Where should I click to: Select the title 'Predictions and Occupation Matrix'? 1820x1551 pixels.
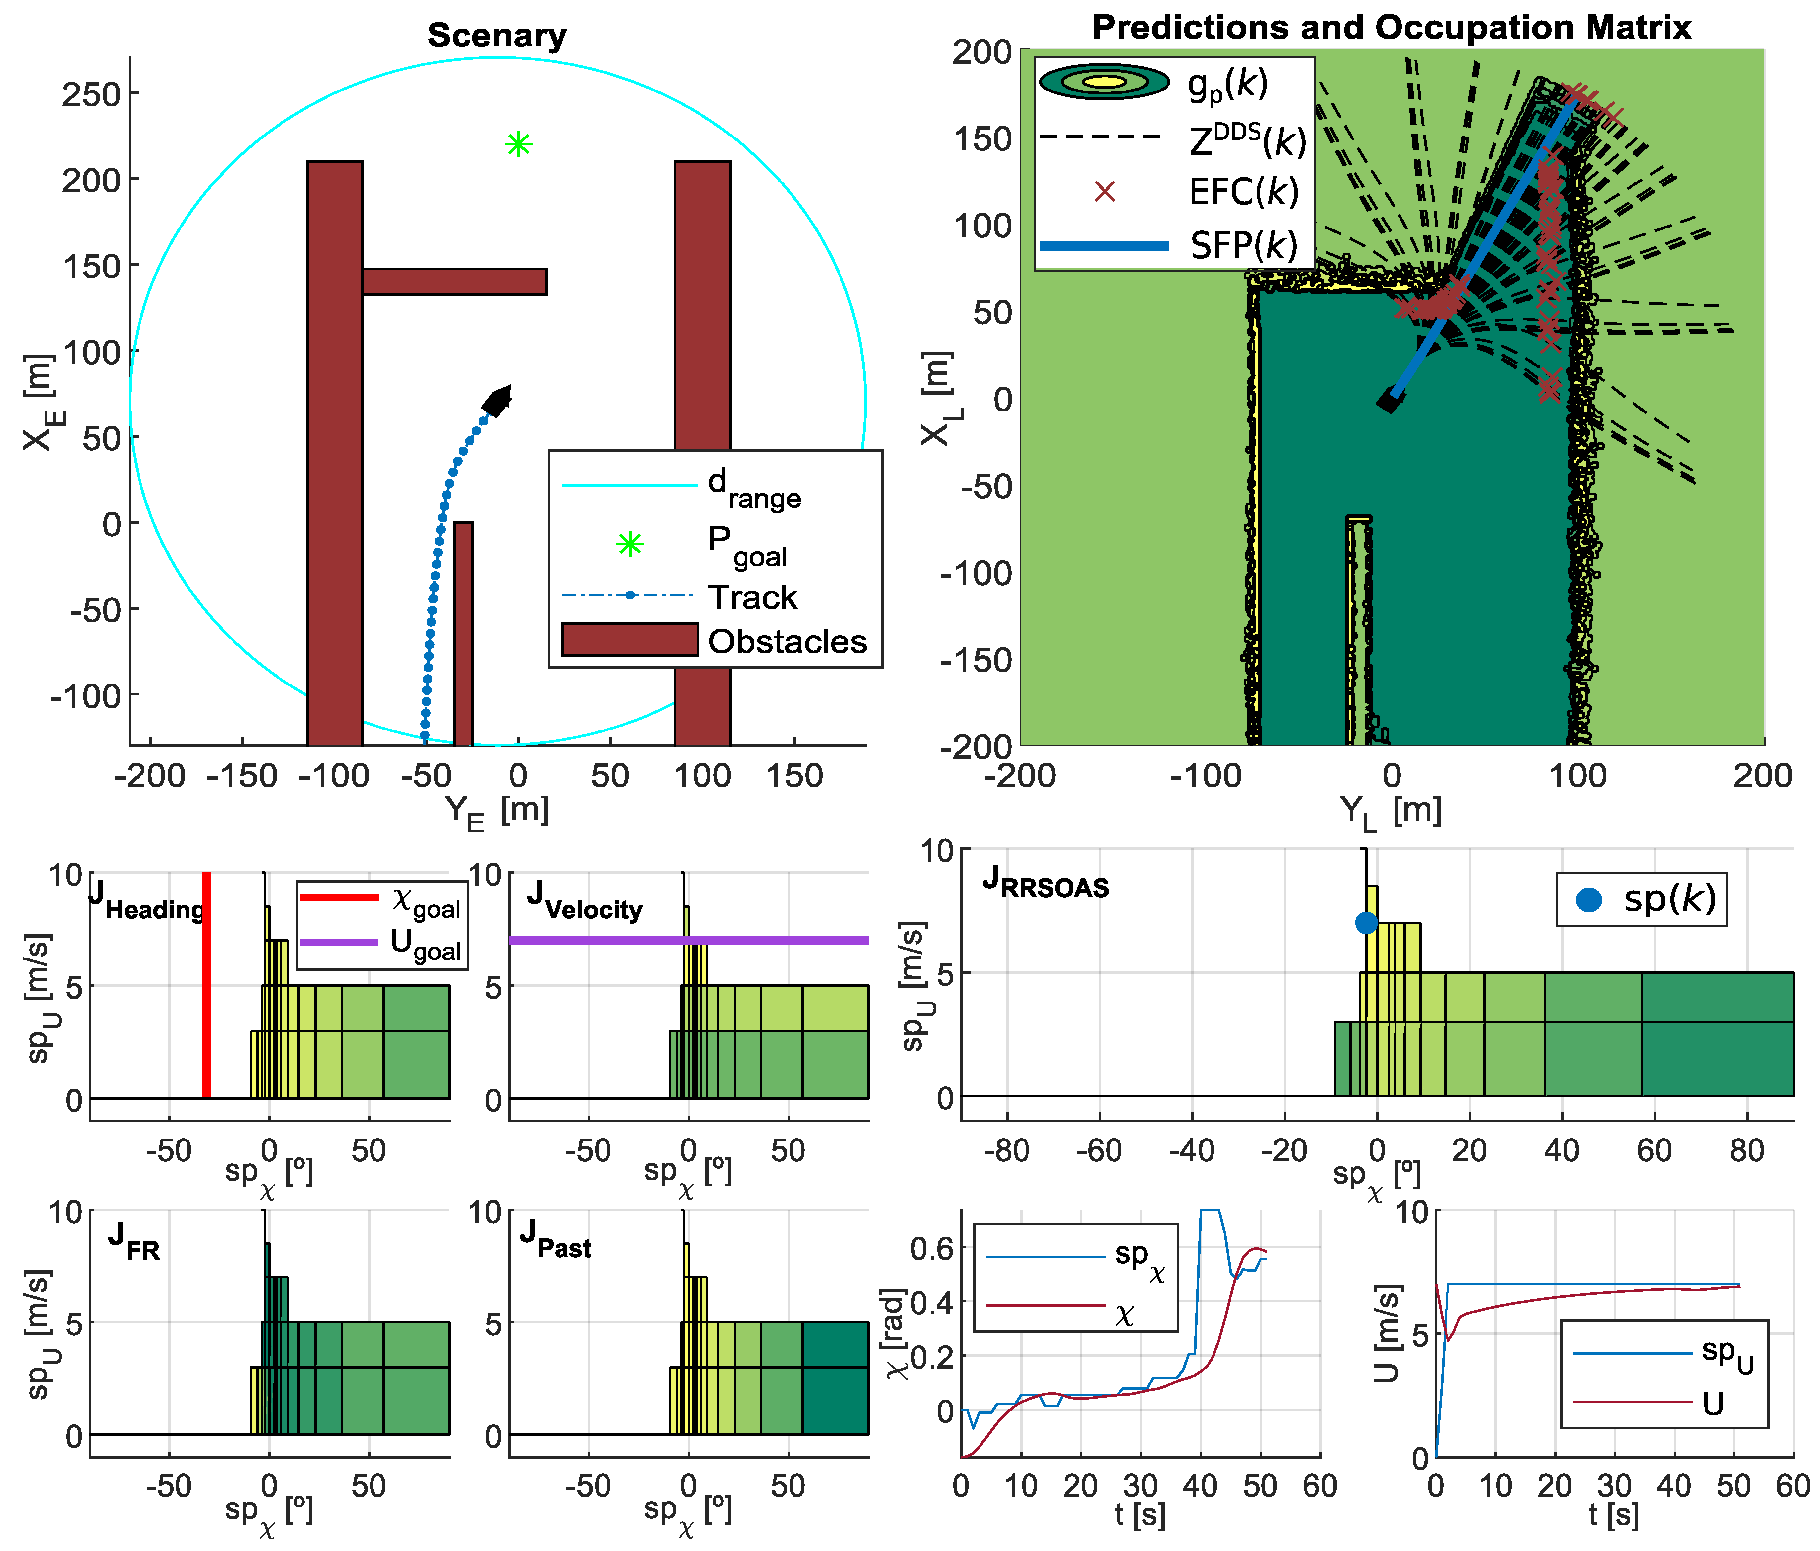click(1392, 27)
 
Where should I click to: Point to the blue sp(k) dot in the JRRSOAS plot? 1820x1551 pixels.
click(1366, 923)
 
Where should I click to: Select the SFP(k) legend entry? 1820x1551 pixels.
click(1243, 245)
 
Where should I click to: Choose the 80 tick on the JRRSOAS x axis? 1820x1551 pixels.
click(1746, 1150)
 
